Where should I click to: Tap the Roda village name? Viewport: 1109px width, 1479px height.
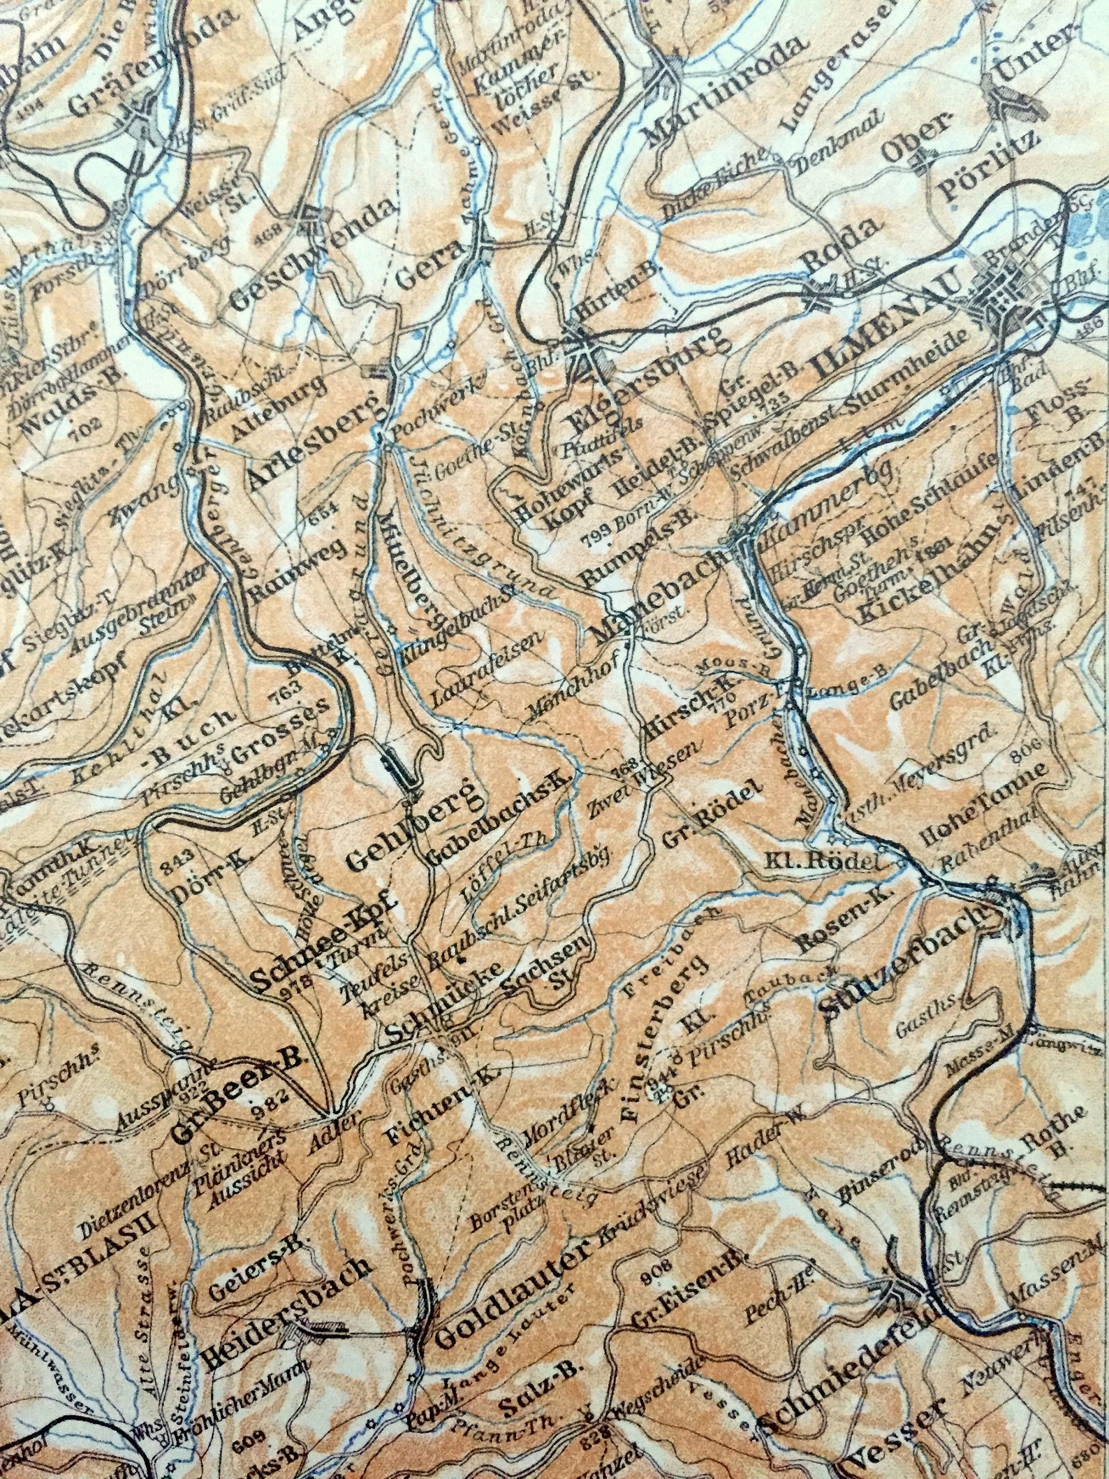(840, 250)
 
